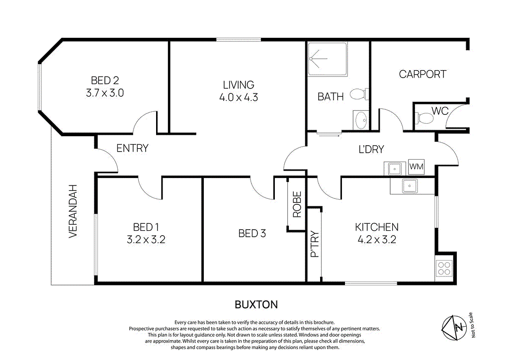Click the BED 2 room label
(104, 80)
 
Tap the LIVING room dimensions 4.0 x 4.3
(238, 97)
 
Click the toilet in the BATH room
(358, 94)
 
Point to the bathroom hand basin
(361, 120)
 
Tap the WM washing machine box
(416, 167)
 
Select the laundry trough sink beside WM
(395, 169)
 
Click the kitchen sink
(410, 186)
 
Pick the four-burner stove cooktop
(443, 269)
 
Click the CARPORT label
(423, 74)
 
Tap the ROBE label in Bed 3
(297, 205)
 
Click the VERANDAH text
(73, 211)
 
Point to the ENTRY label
(132, 148)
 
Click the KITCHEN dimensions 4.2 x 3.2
(376, 240)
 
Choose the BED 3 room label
(252, 233)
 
